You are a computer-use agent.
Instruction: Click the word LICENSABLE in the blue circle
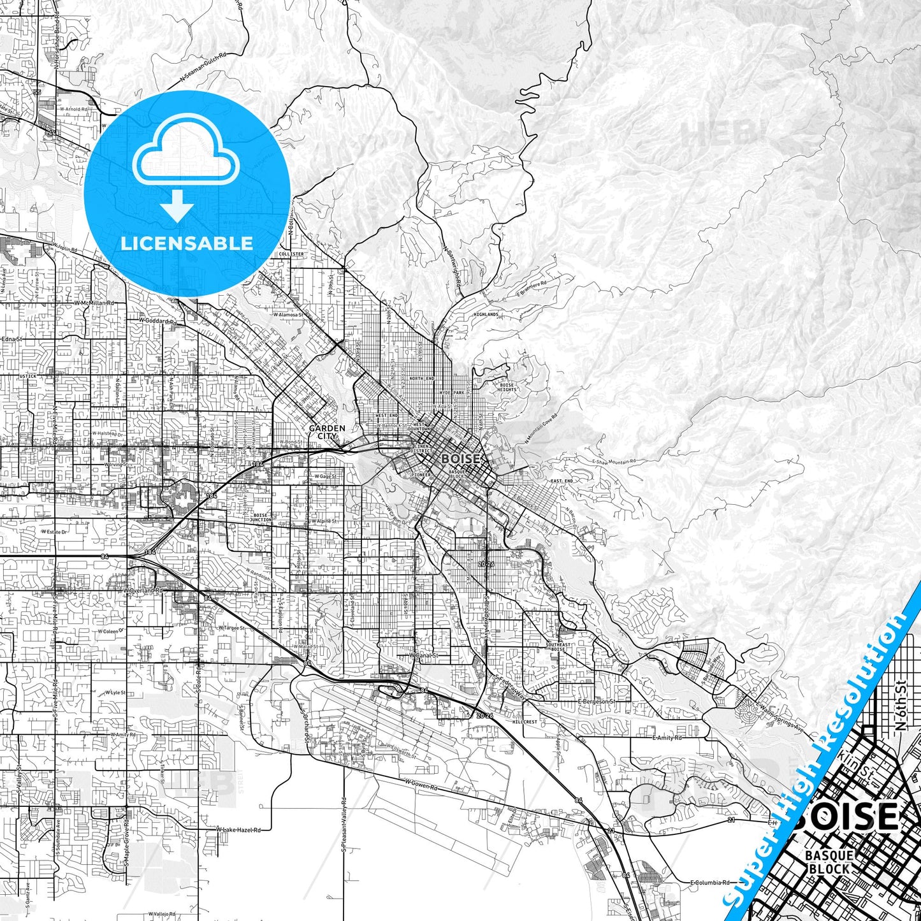187,243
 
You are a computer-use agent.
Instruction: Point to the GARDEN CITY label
327,432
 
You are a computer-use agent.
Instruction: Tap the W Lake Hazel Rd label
238,830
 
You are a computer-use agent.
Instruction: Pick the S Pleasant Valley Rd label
344,825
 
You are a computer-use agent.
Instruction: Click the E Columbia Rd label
709,883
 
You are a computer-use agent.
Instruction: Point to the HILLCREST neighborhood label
525,722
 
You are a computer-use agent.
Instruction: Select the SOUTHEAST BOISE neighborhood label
558,647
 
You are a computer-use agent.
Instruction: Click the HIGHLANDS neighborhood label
486,314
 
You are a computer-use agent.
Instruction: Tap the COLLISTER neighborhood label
291,254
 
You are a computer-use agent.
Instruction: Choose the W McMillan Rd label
94,303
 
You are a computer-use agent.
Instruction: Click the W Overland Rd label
143,591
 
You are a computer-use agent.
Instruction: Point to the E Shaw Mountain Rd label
614,462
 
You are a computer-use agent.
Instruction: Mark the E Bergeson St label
597,701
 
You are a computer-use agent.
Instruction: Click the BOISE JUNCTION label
261,518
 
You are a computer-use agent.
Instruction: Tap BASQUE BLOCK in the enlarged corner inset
829,862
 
